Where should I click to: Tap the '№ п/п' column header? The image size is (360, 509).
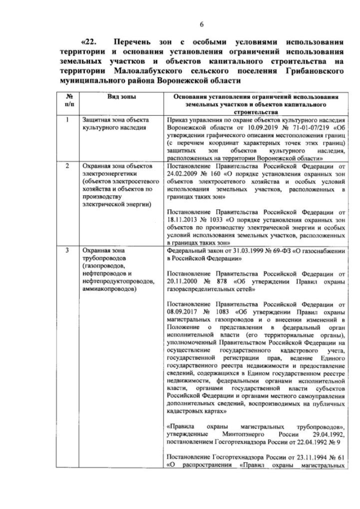(x=67, y=100)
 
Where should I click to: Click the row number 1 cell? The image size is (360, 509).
(x=67, y=120)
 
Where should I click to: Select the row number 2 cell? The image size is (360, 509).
(x=67, y=167)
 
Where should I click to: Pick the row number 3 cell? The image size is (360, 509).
(x=67, y=249)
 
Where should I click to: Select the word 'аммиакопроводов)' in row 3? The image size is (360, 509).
(x=109, y=289)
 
